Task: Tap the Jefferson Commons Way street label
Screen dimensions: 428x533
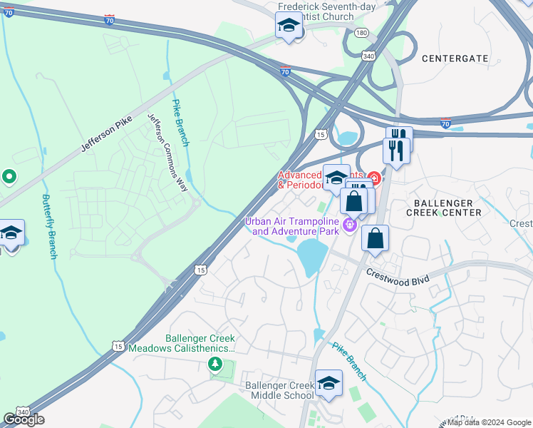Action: click(167, 152)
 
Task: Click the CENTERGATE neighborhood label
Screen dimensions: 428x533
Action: click(455, 58)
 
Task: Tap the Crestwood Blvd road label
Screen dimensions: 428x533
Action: click(398, 277)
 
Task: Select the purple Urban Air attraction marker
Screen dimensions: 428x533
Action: click(349, 226)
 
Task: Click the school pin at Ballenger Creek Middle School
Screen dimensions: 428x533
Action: click(328, 383)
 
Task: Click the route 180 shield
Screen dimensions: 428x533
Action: click(361, 33)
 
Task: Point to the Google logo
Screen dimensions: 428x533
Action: click(24, 419)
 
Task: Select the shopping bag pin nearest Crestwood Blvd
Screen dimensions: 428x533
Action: click(375, 238)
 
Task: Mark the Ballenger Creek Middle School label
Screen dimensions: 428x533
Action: click(279, 390)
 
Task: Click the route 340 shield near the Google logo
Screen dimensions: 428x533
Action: click(23, 412)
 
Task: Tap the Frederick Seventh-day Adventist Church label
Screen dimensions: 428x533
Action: click(315, 11)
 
